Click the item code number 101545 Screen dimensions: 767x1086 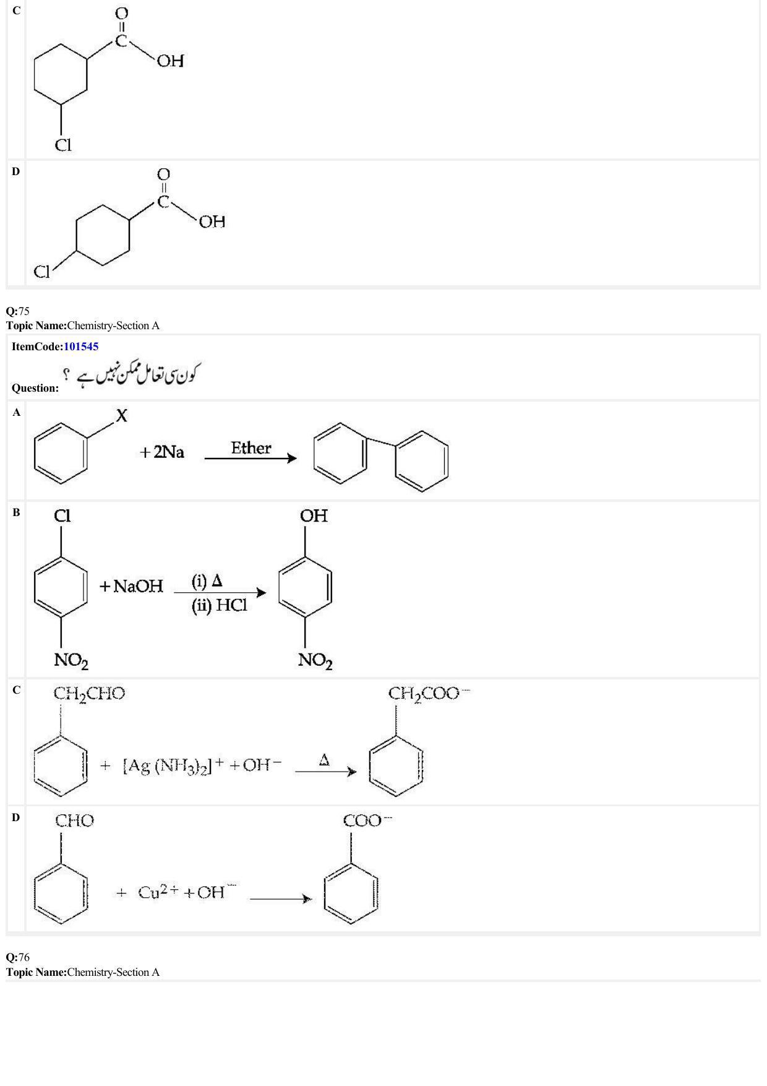(x=81, y=347)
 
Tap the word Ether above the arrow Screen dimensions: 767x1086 (x=251, y=448)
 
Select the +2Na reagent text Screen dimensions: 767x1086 (x=162, y=452)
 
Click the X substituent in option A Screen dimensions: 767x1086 (x=121, y=416)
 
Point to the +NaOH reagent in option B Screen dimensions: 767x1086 (x=131, y=586)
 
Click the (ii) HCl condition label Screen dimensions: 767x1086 (x=219, y=606)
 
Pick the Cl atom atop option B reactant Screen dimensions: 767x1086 (x=62, y=516)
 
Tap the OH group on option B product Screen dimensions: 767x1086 (x=314, y=516)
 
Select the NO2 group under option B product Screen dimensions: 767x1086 (x=315, y=661)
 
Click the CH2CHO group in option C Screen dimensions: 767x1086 (x=89, y=694)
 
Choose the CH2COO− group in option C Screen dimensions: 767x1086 (x=429, y=694)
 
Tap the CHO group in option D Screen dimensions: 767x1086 (x=74, y=821)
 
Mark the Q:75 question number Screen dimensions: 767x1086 (x=18, y=311)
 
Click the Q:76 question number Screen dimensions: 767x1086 (x=18, y=957)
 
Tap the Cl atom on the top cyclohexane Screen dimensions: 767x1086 (x=63, y=145)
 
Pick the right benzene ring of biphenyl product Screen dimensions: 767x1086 (x=422, y=461)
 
